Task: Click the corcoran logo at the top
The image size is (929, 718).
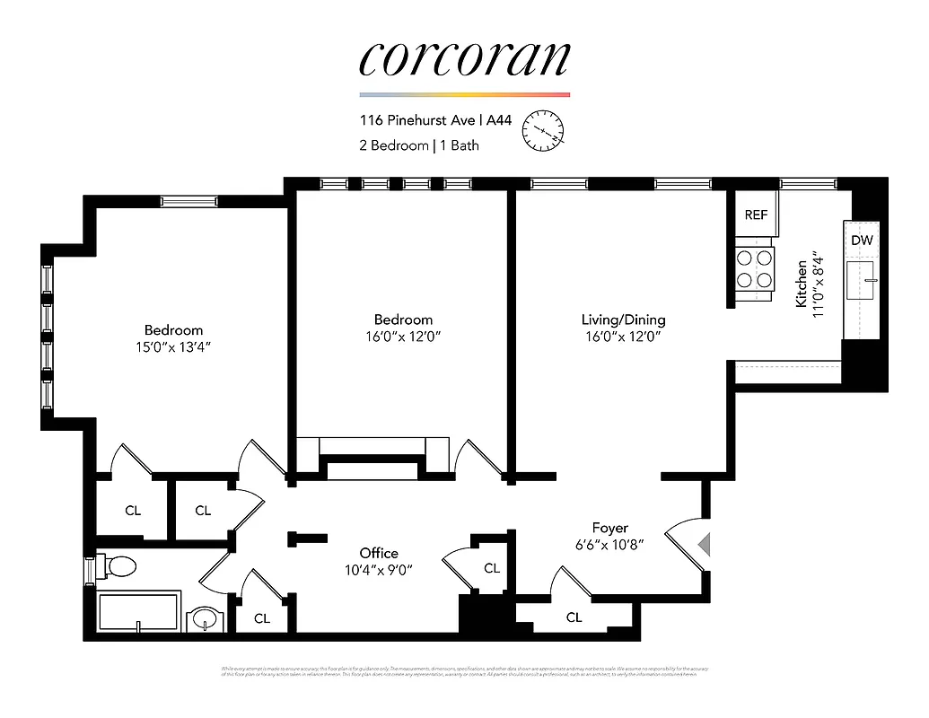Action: [464, 58]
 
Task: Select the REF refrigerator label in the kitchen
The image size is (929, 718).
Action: [756, 215]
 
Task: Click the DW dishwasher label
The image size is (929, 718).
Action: [862, 241]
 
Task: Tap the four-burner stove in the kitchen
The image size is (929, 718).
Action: [755, 268]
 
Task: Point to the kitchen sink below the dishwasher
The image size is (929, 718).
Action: [862, 282]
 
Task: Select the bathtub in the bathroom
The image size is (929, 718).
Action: [139, 612]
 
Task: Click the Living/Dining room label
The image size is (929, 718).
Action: [623, 320]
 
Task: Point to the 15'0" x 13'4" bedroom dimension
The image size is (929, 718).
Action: [173, 346]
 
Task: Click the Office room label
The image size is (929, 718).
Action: [378, 553]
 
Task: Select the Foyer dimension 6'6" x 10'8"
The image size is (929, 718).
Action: [609, 544]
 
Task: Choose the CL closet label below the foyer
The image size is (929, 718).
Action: [574, 617]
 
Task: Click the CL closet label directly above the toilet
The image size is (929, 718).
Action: [133, 511]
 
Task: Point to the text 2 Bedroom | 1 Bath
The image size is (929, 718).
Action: [418, 145]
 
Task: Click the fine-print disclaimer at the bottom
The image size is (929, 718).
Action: [464, 671]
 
